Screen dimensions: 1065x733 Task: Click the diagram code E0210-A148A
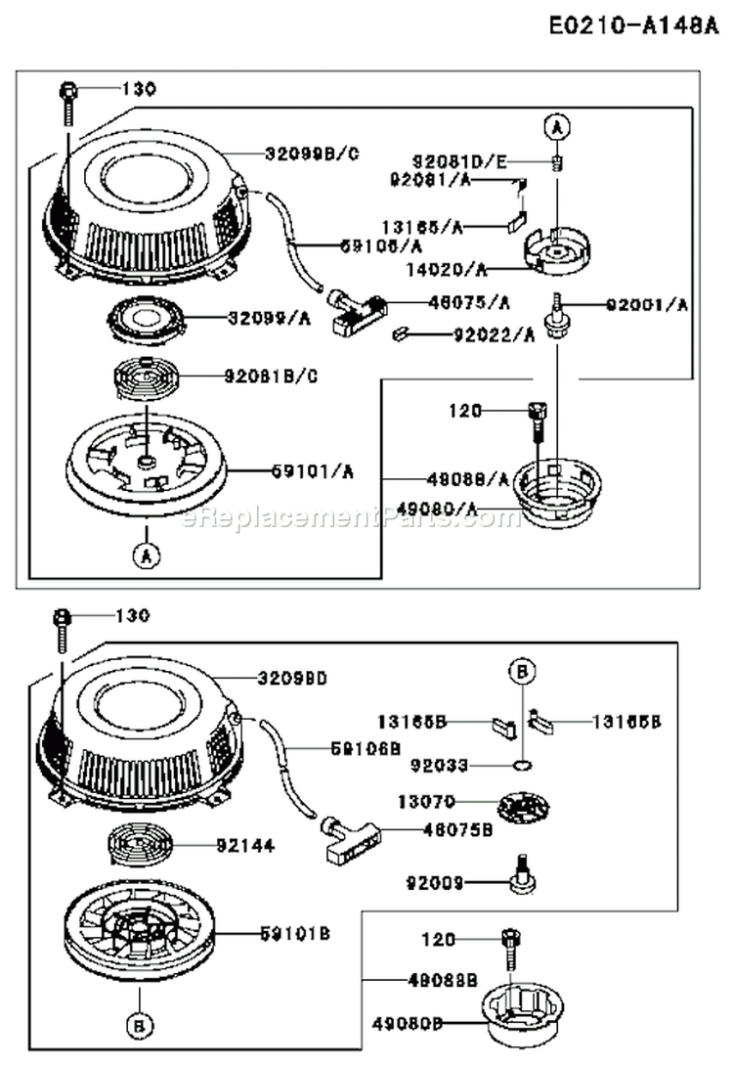pos(633,26)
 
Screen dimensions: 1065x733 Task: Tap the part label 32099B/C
pos(312,153)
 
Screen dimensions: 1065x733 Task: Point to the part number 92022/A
pos(494,335)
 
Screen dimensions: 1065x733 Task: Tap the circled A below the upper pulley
pos(145,555)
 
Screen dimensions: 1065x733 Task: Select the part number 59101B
pos(294,934)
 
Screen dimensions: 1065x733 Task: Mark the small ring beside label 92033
pos(524,764)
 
